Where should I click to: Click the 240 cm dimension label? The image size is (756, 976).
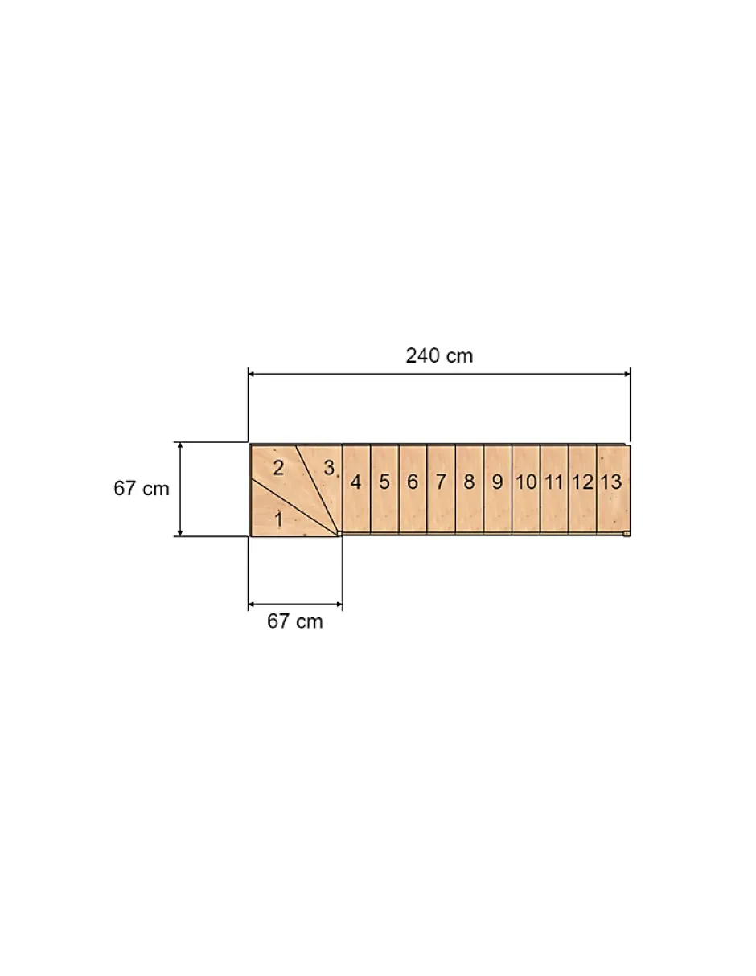click(439, 355)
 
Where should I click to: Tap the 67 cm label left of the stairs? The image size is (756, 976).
click(142, 488)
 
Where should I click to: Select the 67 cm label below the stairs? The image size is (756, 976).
click(294, 621)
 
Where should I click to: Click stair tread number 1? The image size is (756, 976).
click(278, 519)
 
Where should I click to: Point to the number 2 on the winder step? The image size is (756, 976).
click(278, 469)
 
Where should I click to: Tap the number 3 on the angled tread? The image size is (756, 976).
click(329, 468)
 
